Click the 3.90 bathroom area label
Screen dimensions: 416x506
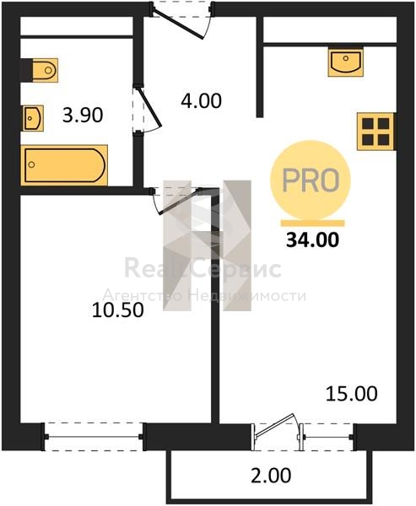coord(83,115)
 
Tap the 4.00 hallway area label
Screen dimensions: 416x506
coord(201,100)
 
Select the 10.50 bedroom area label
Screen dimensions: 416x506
coord(118,310)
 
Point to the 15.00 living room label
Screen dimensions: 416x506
coord(351,394)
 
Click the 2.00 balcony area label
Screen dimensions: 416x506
coord(272,476)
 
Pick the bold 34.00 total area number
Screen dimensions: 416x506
coord(313,240)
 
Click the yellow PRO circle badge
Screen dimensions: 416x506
coord(311,180)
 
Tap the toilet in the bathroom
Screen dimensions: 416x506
coord(39,70)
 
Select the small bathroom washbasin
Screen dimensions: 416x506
coord(33,118)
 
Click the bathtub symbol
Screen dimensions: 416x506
coord(64,165)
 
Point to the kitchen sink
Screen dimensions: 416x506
coord(346,62)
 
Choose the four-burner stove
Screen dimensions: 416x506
coord(376,132)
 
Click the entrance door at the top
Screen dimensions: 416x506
coord(181,19)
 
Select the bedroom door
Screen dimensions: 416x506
coord(176,201)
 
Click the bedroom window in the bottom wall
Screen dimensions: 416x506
coord(94,437)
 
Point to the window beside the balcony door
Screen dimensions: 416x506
coord(328,437)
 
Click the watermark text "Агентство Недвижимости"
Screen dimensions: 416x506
coord(204,296)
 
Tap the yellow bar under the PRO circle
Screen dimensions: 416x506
coord(312,223)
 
